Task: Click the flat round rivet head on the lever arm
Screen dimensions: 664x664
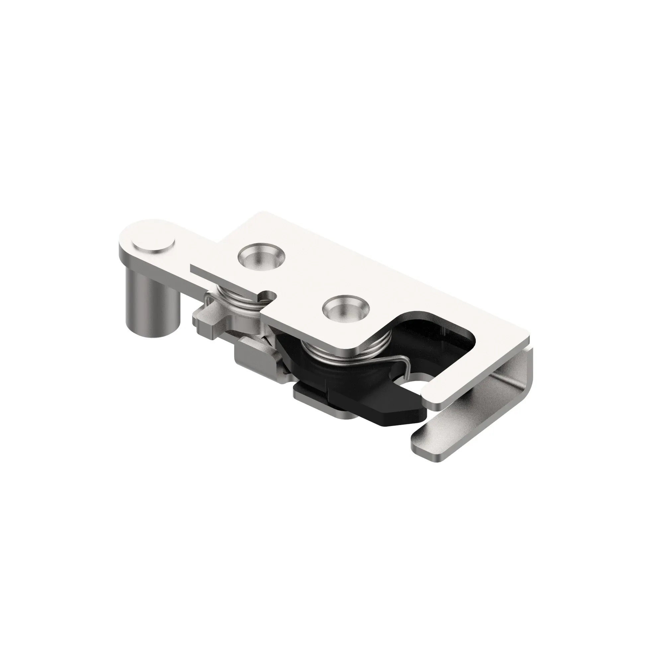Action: [x=154, y=246]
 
